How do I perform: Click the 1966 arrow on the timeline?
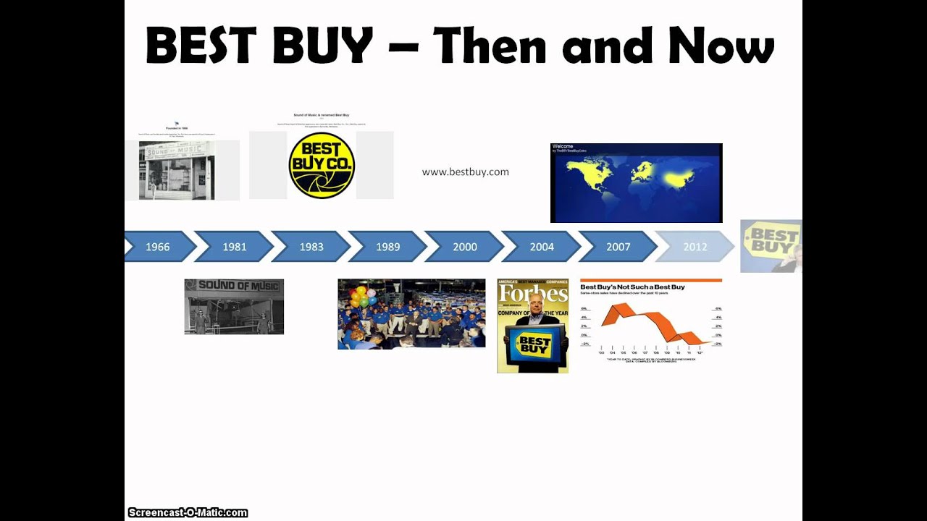[158, 247]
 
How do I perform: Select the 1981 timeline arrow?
[235, 247]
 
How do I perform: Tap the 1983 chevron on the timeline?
[311, 247]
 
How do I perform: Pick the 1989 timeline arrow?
[388, 247]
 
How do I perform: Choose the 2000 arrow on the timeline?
[465, 247]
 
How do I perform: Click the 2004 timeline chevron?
[542, 247]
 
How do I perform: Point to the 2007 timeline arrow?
[618, 247]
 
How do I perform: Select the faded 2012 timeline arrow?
[695, 247]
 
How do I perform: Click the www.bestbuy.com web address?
[466, 172]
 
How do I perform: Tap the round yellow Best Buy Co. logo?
[322, 165]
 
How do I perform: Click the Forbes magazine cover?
[532, 326]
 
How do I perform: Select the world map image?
[636, 182]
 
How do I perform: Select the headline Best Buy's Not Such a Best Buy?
[632, 287]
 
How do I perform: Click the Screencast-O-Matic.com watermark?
[188, 513]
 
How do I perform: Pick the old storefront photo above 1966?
[177, 170]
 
